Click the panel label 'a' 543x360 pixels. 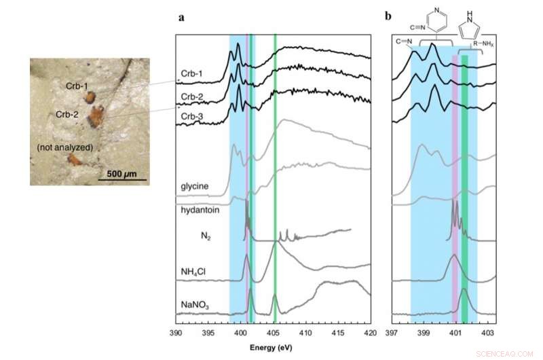coord(181,19)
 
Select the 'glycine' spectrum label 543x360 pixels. coord(195,187)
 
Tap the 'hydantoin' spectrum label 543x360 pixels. coord(198,211)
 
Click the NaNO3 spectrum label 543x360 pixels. coord(195,306)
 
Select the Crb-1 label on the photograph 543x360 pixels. coord(77,86)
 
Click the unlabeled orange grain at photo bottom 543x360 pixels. coord(73,160)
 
